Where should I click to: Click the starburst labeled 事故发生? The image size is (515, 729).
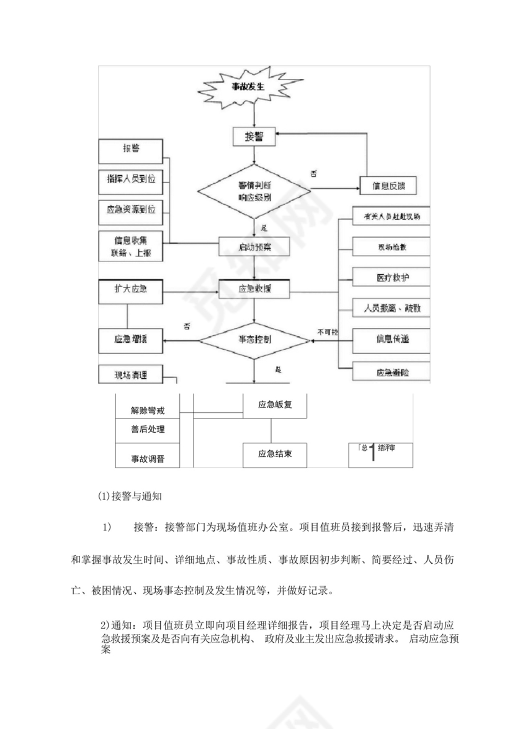click(253, 87)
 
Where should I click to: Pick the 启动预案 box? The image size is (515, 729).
click(254, 247)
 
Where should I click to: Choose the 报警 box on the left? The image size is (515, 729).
click(130, 149)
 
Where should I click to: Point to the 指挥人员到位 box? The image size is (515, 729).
click(130, 179)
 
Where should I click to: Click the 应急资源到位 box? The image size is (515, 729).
click(130, 210)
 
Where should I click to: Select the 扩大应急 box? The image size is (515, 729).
click(130, 290)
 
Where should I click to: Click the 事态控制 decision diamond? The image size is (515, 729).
click(254, 340)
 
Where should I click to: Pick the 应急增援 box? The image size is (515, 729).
click(130, 340)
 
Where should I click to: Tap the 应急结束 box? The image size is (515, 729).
click(274, 455)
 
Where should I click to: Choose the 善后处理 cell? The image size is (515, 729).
click(148, 430)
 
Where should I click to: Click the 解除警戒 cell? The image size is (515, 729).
click(148, 410)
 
